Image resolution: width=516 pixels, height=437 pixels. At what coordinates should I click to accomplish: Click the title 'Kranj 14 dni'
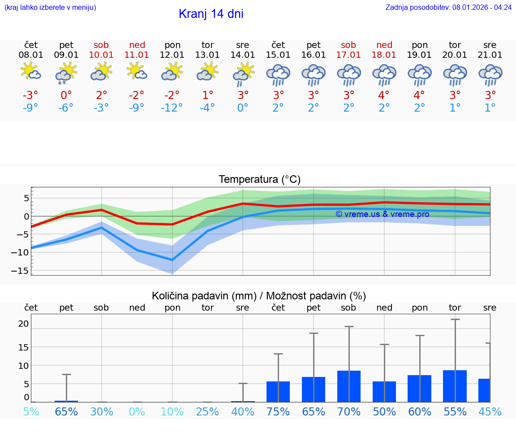click(211, 14)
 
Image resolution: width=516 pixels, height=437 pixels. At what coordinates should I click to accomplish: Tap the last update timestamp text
click(448, 8)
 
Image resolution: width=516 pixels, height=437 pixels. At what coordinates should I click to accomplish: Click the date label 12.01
click(172, 55)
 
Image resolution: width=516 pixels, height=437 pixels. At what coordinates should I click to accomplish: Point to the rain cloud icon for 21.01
click(490, 74)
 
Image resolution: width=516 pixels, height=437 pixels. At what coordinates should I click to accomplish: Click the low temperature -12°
click(172, 108)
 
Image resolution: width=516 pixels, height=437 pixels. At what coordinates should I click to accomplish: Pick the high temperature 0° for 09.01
click(66, 95)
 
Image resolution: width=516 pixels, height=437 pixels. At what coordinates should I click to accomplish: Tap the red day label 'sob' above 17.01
click(348, 45)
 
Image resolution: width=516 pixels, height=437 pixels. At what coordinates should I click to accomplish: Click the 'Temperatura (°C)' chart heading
click(259, 180)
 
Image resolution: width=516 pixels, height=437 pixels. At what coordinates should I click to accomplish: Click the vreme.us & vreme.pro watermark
click(382, 214)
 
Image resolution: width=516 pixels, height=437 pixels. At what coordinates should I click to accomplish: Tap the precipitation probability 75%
click(278, 411)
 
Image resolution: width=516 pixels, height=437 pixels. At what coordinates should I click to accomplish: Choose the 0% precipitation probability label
click(137, 411)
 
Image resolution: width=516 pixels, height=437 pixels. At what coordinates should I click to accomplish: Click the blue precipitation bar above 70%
click(348, 386)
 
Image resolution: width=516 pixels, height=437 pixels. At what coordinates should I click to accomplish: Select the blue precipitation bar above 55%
click(455, 386)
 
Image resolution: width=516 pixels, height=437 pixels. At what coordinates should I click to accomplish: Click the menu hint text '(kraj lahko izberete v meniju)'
click(50, 8)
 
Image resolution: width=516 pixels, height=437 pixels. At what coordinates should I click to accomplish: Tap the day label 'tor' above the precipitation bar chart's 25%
click(207, 307)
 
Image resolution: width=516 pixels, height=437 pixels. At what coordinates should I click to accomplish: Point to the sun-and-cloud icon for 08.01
click(31, 72)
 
